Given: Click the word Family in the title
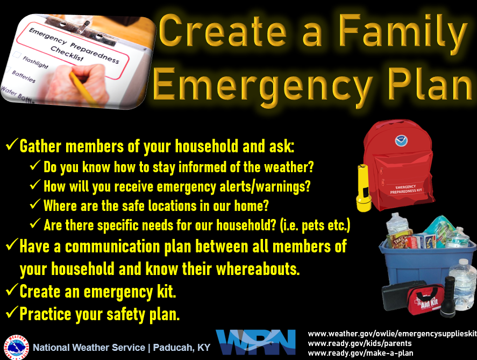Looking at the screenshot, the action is pos(403,32).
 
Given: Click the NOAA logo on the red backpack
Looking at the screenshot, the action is pos(401,140).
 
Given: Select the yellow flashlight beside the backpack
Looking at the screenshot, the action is pos(364,188).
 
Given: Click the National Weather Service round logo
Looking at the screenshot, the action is pos(17,347).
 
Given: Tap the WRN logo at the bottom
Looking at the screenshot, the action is pos(256,342).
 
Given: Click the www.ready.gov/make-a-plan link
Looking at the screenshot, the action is pos(360,354).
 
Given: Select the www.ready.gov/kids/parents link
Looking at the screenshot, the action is pos(360,343).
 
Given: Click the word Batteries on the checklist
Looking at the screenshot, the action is pos(24,76).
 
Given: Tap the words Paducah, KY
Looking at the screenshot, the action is pos(182,348).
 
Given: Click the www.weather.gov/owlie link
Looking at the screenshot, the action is pos(393,334).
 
